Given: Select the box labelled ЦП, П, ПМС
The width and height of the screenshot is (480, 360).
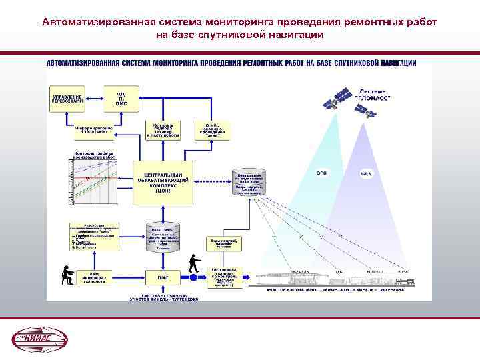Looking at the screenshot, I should click(x=121, y=99).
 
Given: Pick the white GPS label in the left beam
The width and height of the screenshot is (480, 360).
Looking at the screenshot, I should click(x=321, y=173).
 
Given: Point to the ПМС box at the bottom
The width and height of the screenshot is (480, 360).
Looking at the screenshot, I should click(x=163, y=277).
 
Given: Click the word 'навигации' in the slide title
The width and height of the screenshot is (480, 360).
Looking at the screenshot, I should click(x=293, y=34).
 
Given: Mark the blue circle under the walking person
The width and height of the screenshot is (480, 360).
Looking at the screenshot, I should click(x=193, y=275).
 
